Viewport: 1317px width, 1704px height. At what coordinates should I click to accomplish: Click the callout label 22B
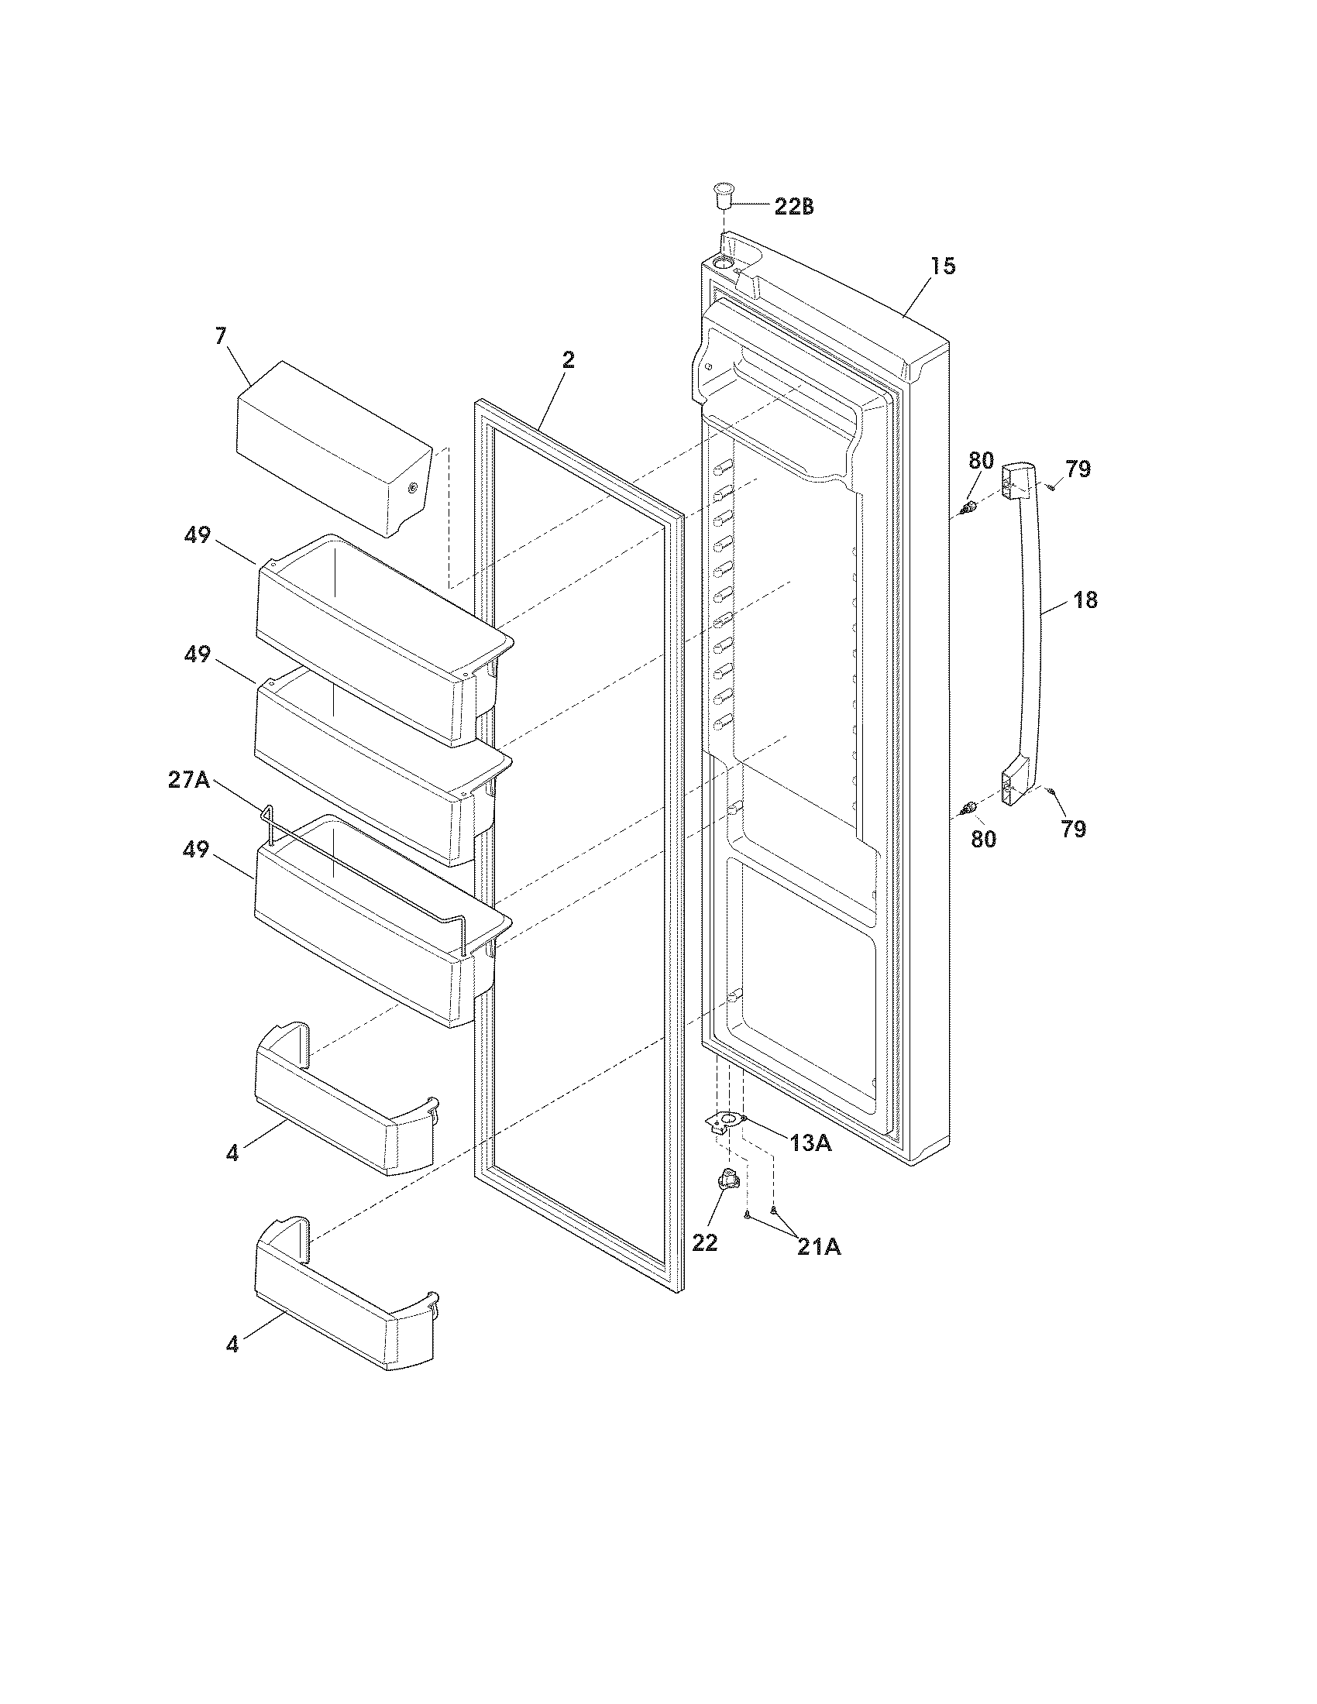tap(793, 208)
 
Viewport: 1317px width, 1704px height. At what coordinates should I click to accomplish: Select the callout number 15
tap(943, 267)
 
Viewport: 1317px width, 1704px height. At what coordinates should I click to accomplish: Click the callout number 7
tap(221, 336)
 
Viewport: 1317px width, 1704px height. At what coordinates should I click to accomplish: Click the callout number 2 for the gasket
tap(568, 359)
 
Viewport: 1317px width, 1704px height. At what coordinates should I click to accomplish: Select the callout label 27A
tap(188, 779)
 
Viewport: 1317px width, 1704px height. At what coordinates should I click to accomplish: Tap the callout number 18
tap(1085, 600)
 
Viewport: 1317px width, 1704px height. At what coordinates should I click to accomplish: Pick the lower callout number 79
tap(1073, 830)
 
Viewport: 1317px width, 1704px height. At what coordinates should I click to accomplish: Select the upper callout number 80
tap(982, 461)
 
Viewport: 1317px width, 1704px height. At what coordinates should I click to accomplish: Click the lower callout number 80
tap(984, 840)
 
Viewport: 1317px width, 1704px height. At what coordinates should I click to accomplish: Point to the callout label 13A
tap(810, 1144)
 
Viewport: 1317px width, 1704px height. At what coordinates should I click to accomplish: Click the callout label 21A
tap(818, 1248)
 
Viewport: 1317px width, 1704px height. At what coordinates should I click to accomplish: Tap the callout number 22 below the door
tap(704, 1243)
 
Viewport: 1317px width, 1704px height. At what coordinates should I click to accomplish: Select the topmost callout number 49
tap(198, 536)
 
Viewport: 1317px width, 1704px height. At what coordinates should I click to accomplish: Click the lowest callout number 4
tap(232, 1345)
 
